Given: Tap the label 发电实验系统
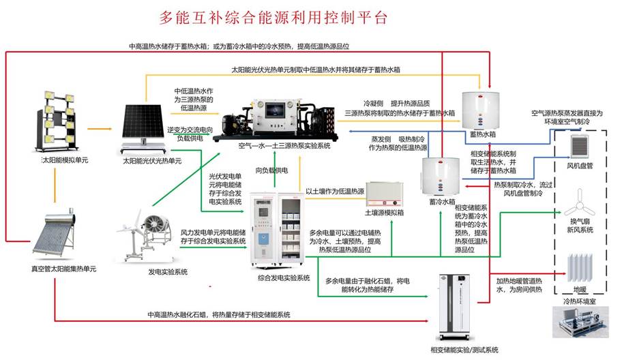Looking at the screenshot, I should point(168,271).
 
